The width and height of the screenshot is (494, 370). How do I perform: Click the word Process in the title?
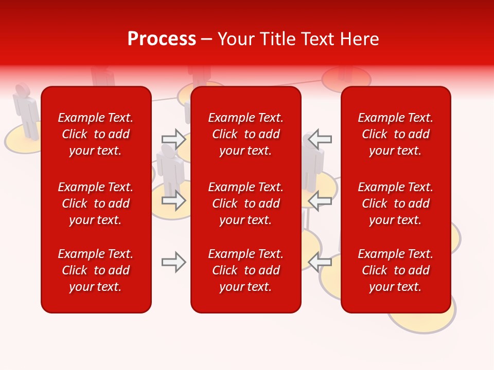pyautogui.click(x=162, y=39)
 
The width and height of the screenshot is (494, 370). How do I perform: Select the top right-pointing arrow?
pyautogui.click(x=173, y=139)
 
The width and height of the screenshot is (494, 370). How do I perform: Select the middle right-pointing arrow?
pyautogui.click(x=173, y=200)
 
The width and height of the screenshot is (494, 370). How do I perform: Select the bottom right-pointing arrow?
pyautogui.click(x=173, y=262)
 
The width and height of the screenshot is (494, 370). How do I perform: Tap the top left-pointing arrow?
pyautogui.click(x=320, y=139)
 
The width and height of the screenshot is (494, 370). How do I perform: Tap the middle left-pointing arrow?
pyautogui.click(x=320, y=200)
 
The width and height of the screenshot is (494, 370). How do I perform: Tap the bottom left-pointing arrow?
pyautogui.click(x=320, y=262)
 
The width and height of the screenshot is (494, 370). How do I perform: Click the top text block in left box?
pyautogui.click(x=96, y=134)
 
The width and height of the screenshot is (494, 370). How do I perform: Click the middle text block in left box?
pyautogui.click(x=96, y=203)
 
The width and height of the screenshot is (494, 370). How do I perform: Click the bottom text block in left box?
pyautogui.click(x=96, y=270)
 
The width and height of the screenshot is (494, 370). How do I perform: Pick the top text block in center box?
pyautogui.click(x=245, y=134)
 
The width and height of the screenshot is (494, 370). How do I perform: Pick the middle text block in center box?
pyautogui.click(x=245, y=203)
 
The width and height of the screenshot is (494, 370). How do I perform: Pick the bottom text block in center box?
pyautogui.click(x=245, y=270)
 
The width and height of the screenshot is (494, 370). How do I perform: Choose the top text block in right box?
pyautogui.click(x=395, y=134)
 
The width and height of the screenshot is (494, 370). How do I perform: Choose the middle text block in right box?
pyautogui.click(x=395, y=203)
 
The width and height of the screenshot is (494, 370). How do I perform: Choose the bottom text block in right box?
pyautogui.click(x=395, y=270)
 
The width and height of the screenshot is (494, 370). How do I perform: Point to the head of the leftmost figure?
pyautogui.click(x=22, y=89)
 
